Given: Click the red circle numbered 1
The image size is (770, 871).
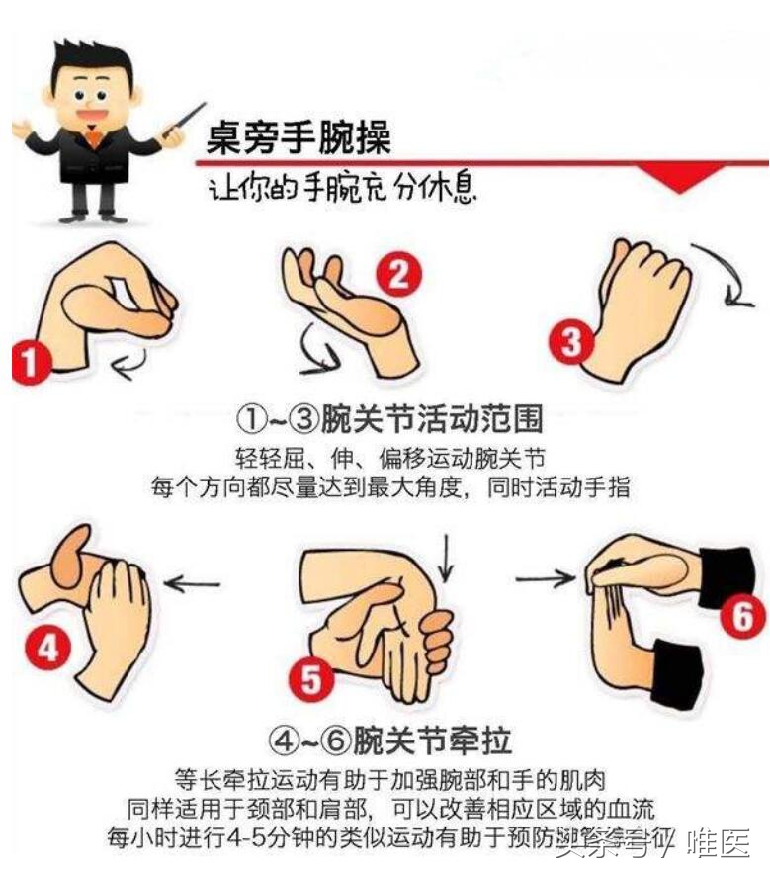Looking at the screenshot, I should pyautogui.click(x=32, y=361).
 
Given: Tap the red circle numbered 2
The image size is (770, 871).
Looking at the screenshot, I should pyautogui.click(x=396, y=274).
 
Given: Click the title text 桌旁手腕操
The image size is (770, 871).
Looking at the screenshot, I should pyautogui.click(x=298, y=137).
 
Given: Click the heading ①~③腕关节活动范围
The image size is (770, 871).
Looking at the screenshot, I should pyautogui.click(x=388, y=419).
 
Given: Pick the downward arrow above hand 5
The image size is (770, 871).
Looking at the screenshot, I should pyautogui.click(x=449, y=558).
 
